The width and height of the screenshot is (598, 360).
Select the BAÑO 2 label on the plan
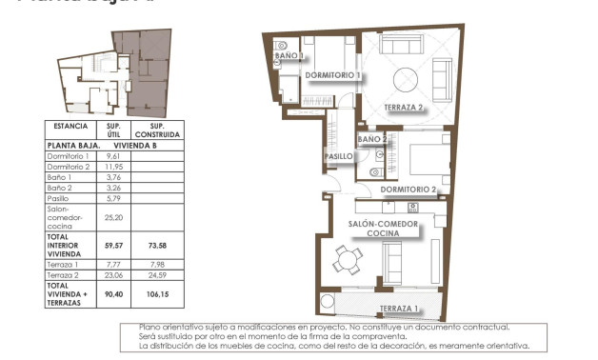(371, 139)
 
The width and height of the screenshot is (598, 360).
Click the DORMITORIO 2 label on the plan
(408, 190)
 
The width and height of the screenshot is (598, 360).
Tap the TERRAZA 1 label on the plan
(398, 309)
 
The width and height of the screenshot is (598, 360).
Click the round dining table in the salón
(344, 257)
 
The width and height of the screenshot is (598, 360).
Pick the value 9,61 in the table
(113, 156)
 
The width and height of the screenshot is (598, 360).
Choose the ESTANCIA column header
(71, 126)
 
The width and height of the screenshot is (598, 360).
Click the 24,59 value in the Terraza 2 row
(154, 275)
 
